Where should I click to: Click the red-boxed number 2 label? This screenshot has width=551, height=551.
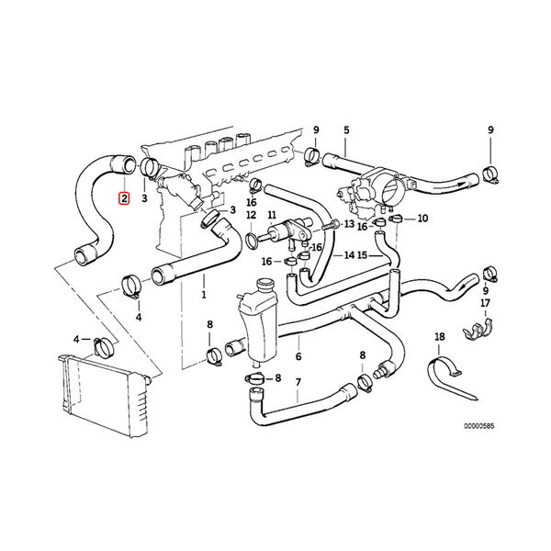124,197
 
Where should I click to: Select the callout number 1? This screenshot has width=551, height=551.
203,297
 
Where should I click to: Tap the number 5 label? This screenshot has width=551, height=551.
346,129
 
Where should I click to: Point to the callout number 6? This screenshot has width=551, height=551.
298,356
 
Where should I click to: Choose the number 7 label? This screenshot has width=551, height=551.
298,380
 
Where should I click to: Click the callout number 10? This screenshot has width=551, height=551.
423,219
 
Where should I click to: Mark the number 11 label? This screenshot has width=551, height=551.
273,215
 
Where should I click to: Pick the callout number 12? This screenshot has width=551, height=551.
250,215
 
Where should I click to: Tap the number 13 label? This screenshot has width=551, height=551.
350,223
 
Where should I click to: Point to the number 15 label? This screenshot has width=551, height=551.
362,254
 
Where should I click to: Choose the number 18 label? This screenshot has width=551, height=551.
439,337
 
